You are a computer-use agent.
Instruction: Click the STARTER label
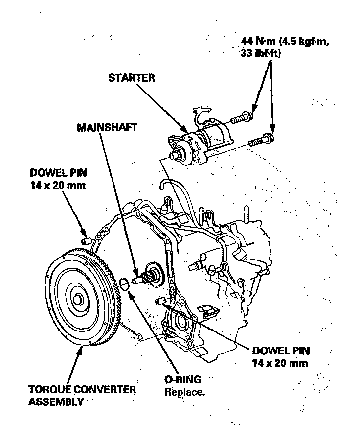131,78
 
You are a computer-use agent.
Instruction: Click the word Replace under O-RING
185,392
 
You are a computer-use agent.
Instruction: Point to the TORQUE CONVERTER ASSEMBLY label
82,396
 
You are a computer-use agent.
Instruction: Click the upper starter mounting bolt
241,118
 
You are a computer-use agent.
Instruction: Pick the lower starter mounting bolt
259,142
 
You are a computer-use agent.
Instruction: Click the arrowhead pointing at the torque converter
80,349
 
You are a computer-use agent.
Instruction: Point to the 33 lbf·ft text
260,54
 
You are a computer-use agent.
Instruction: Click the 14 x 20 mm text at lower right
281,363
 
